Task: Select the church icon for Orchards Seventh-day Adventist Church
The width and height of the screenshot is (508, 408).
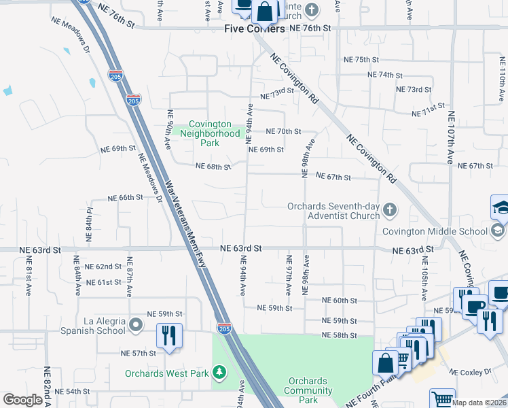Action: (390, 210)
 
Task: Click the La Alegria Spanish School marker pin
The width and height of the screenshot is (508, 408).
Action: (136, 326)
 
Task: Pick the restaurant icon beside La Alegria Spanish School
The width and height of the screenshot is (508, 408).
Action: (168, 336)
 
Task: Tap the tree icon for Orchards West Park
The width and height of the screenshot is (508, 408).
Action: (219, 372)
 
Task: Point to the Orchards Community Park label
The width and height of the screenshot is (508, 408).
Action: (308, 391)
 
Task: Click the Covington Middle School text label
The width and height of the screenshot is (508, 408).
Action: (435, 231)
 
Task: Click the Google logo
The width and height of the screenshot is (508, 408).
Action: (22, 400)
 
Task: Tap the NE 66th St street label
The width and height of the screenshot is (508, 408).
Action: (125, 197)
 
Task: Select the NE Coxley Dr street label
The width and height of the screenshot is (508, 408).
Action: (471, 372)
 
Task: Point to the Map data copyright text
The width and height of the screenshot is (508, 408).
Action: (479, 403)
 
